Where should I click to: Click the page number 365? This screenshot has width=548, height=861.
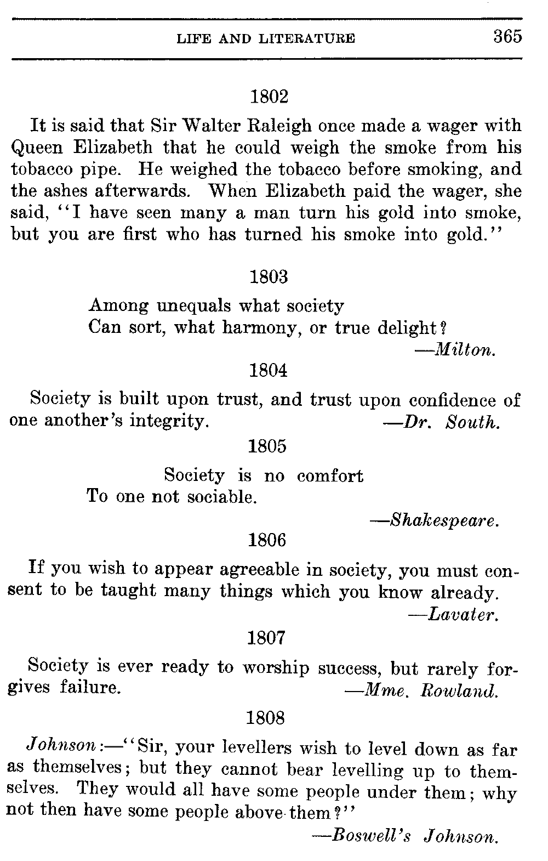coord(507,37)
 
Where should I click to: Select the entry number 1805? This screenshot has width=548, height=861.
coord(267,446)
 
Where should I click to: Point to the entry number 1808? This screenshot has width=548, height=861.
coord(266,717)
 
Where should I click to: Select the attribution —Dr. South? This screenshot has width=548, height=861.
coord(441,423)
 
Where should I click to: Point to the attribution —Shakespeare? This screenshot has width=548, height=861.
coord(435,520)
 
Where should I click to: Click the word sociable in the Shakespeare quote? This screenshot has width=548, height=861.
coord(221,497)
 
